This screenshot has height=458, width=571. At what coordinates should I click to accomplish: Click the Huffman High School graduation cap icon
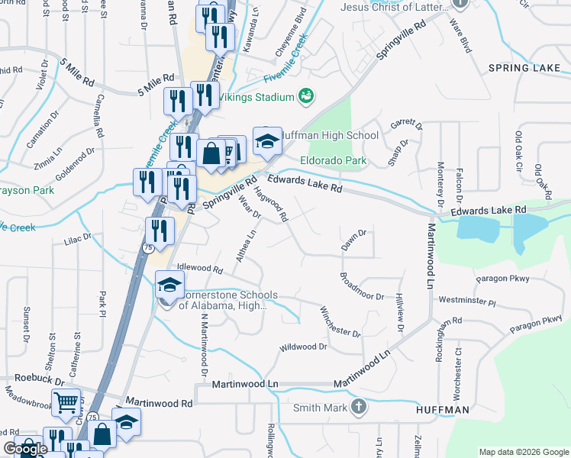(266, 140)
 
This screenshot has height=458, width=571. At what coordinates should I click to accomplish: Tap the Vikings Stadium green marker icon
(307, 96)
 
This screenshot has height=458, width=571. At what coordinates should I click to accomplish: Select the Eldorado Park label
(333, 160)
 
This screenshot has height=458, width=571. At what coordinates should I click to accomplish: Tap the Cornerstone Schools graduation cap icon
(169, 285)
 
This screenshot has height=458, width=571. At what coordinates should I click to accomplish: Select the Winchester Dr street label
(340, 321)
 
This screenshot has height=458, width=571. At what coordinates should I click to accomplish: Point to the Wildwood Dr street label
(303, 347)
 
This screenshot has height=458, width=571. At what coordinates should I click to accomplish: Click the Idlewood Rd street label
(199, 269)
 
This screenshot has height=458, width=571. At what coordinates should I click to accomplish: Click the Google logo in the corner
(24, 450)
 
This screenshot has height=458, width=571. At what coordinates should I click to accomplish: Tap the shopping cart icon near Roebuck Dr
(66, 402)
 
